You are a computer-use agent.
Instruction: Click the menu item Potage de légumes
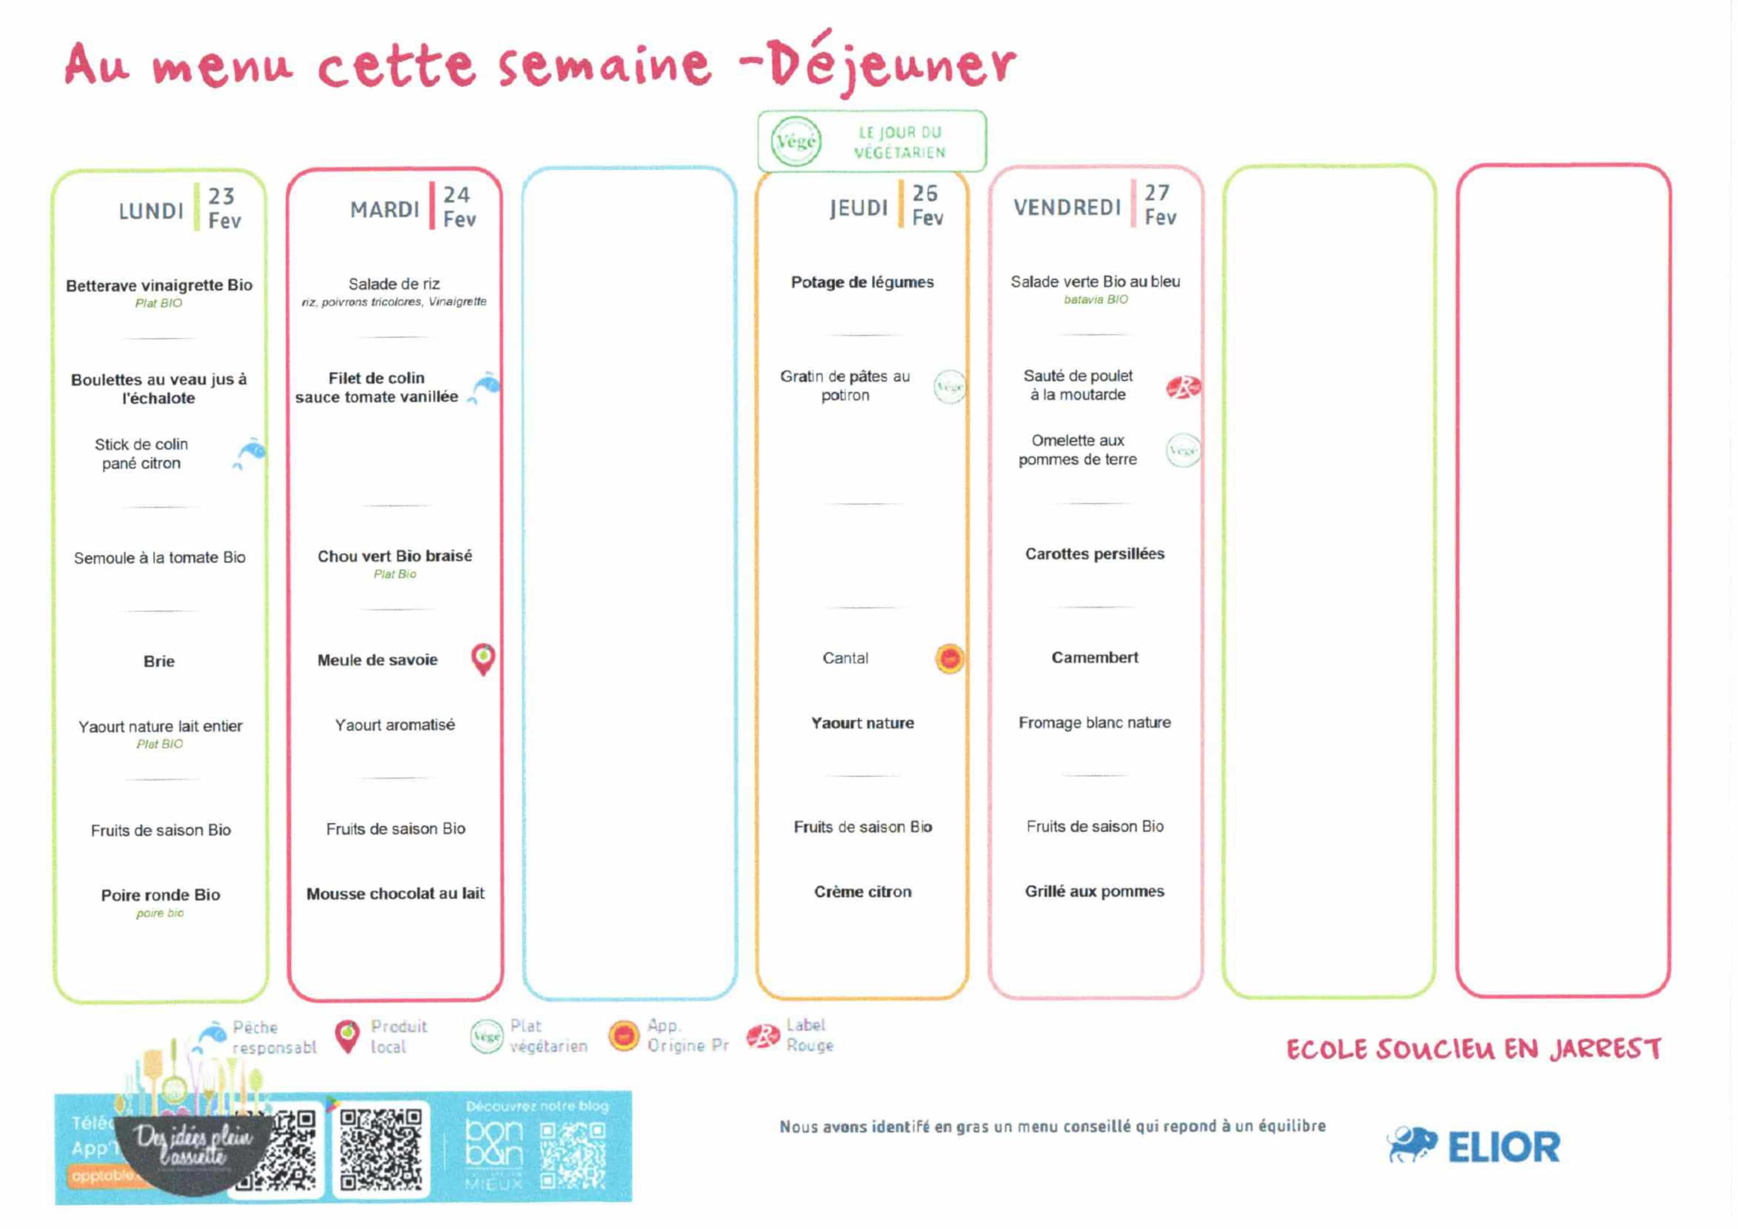(x=862, y=282)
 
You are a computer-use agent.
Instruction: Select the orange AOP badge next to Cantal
(x=949, y=658)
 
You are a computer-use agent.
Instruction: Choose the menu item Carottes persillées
(x=1094, y=554)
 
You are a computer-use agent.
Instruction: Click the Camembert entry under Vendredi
(x=1094, y=657)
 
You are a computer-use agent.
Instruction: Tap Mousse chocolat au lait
(x=395, y=894)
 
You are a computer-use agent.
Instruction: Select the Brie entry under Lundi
(x=159, y=661)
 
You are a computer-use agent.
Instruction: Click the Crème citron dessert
(x=862, y=891)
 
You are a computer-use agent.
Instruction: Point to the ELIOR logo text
(x=1503, y=1147)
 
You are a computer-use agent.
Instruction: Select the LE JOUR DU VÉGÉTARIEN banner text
(x=899, y=142)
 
